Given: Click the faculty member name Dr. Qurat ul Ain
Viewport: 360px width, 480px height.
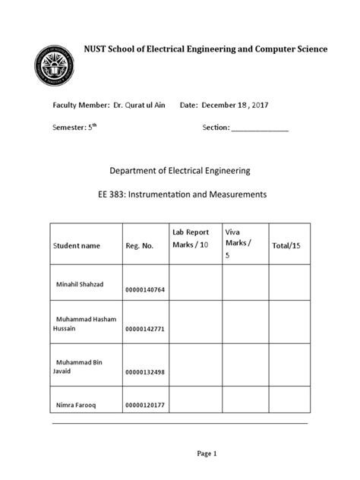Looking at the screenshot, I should (x=138, y=105).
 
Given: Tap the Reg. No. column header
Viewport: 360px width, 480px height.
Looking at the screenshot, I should (x=140, y=246).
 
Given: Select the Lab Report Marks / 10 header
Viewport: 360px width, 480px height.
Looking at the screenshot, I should (x=191, y=238).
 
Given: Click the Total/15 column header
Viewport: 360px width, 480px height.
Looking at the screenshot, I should (x=286, y=245).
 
